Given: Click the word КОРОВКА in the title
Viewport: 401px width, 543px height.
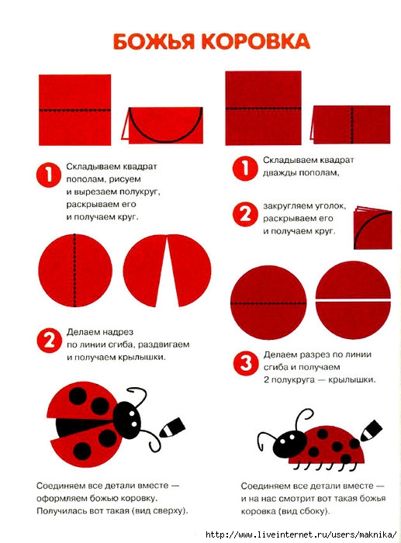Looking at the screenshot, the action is click(255, 41).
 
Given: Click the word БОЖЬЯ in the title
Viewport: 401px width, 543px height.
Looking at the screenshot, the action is click(154, 41).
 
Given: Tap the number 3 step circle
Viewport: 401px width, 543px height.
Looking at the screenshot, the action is click(245, 363).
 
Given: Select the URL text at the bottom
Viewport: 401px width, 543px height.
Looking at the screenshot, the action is click(301, 534).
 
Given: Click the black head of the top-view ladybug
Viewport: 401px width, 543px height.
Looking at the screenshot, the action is click(127, 417).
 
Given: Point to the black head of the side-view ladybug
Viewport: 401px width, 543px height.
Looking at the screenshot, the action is click(289, 444).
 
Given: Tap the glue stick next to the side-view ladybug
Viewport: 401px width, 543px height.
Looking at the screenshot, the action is click(371, 430).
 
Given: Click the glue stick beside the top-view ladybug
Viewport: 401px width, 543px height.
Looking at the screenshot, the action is click(172, 427).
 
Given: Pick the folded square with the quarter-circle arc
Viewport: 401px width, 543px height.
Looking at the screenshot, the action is click(372, 228).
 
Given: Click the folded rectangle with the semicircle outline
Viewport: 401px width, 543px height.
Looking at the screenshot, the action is click(161, 125).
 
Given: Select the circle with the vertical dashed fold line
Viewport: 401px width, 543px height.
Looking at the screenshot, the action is click(75, 271).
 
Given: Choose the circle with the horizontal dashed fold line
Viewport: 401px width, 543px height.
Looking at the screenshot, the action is click(268, 303).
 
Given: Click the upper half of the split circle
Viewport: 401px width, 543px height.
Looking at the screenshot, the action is click(353, 280).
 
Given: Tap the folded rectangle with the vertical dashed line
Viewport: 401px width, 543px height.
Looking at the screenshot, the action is click(351, 125).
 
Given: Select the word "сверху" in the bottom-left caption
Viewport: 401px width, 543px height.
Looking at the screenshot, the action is click(168, 510).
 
